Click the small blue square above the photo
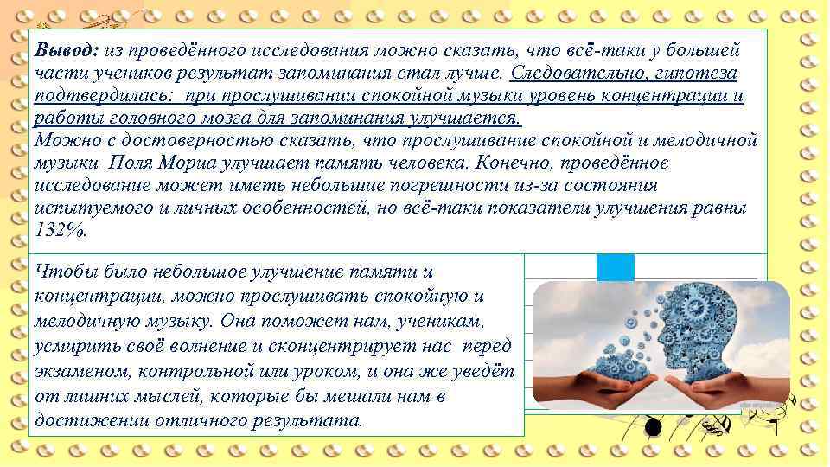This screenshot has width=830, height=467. coord(615,267)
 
